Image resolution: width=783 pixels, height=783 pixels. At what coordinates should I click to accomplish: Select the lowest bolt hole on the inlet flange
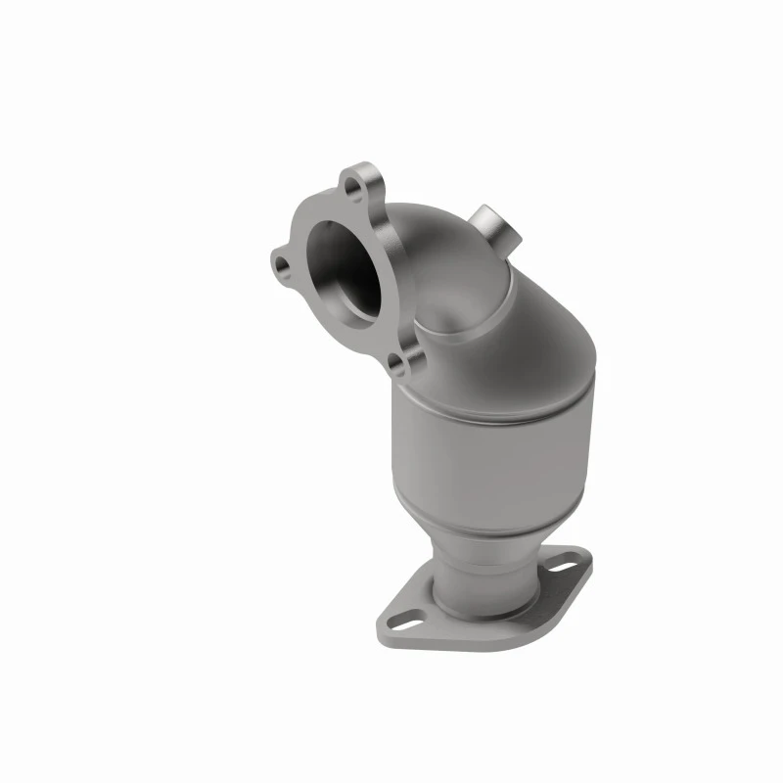396,364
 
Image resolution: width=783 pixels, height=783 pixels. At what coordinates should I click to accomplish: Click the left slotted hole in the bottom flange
412,619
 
